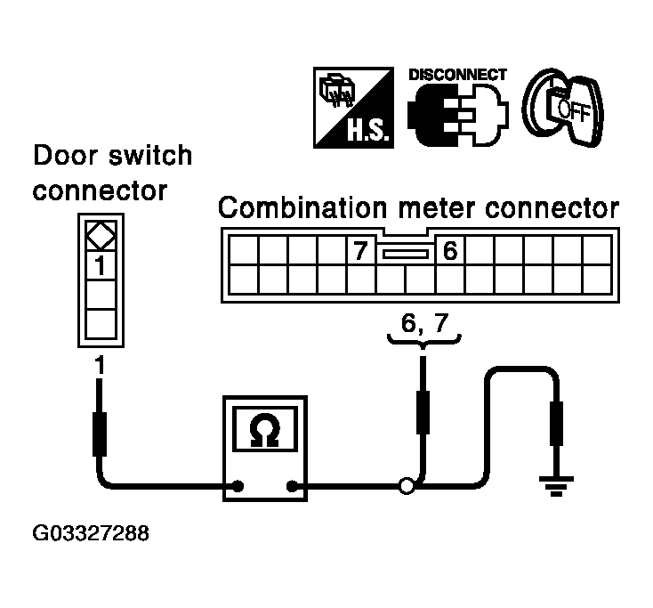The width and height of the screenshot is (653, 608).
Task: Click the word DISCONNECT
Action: point(456,75)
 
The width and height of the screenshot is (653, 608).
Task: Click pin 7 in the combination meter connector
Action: point(359,252)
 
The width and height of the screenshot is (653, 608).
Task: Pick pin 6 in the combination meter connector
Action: point(448,252)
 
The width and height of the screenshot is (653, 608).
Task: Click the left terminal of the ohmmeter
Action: point(238,486)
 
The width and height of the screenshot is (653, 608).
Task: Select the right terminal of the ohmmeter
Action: point(292,486)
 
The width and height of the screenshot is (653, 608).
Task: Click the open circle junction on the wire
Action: point(407,486)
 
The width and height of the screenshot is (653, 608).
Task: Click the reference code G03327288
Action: point(92,535)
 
